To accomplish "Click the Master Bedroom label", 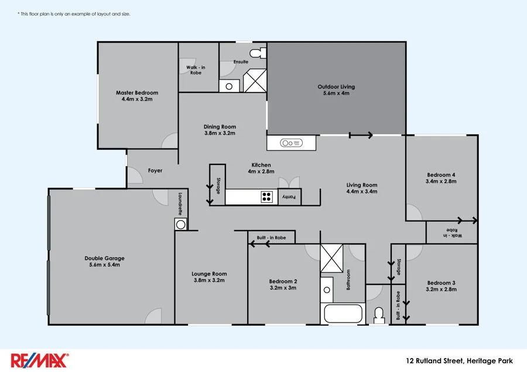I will tap(137, 92).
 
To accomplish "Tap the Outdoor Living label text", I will tap(336, 87).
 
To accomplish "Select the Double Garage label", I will tap(104, 258).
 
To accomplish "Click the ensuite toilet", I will tap(257, 54).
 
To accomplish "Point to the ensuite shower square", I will tap(255, 81).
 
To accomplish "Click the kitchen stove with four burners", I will tap(266, 197).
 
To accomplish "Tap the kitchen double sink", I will tap(291, 143).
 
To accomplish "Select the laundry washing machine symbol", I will tap(180, 224).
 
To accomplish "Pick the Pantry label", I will tap(289, 197).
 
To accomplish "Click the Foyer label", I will tap(155, 171).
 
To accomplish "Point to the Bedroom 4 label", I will tap(441, 175).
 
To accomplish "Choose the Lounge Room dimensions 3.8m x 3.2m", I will tap(209, 281).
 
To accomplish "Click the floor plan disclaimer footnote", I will tap(74, 13).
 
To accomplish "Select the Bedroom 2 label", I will tap(283, 281).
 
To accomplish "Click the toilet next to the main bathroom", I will tap(379, 315).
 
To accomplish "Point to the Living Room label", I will tap(361, 185).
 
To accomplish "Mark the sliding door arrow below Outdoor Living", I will tap(361, 135).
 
